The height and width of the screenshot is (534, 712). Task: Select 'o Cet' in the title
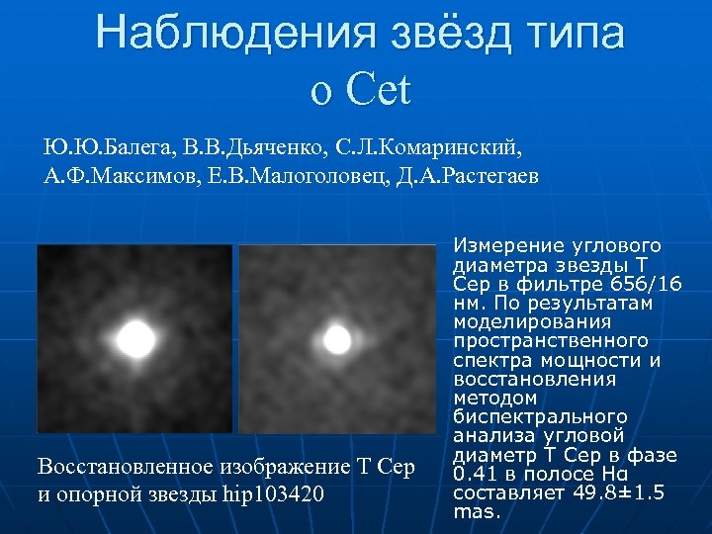pyautogui.click(x=359, y=90)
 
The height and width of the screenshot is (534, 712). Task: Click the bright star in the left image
pyautogui.click(x=134, y=339)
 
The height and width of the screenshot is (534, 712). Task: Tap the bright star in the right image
pyautogui.click(x=337, y=340)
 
